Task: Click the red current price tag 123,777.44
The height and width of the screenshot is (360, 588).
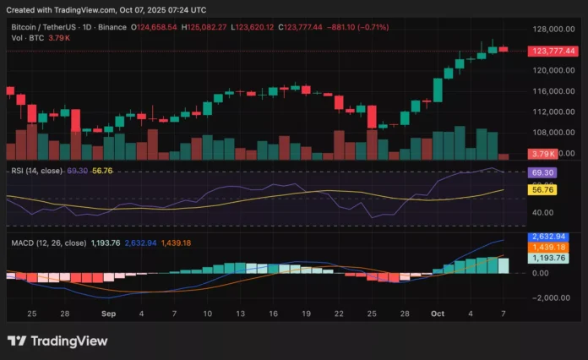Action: (552, 51)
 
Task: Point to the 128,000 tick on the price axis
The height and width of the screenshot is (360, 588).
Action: (551, 30)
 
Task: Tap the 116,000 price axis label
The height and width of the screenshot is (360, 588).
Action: (551, 91)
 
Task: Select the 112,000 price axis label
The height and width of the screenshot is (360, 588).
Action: (551, 112)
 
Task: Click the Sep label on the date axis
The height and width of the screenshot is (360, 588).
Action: (108, 313)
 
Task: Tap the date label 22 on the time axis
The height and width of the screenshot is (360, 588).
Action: (338, 313)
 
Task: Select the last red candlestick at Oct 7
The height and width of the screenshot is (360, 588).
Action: (504, 49)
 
